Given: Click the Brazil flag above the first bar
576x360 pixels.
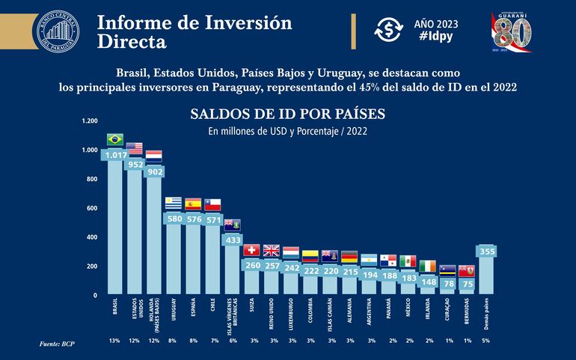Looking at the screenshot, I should click(114, 139).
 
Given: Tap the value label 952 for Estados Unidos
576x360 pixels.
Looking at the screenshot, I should click(135, 164).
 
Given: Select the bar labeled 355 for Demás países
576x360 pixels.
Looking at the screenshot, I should click(487, 273).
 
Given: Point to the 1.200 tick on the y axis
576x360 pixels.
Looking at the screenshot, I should click(89, 120).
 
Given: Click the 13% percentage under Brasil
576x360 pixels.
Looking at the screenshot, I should click(114, 341).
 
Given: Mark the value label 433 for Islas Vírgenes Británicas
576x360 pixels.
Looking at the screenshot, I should click(232, 240).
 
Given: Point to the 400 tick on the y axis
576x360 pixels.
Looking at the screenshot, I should click(91, 237).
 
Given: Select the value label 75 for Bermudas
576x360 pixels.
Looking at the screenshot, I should click(467, 284).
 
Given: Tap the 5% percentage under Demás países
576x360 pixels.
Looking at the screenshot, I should click(487, 341).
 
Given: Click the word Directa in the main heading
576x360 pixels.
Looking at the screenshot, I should click(132, 42).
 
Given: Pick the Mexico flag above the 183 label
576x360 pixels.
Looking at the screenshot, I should click(408, 260).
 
